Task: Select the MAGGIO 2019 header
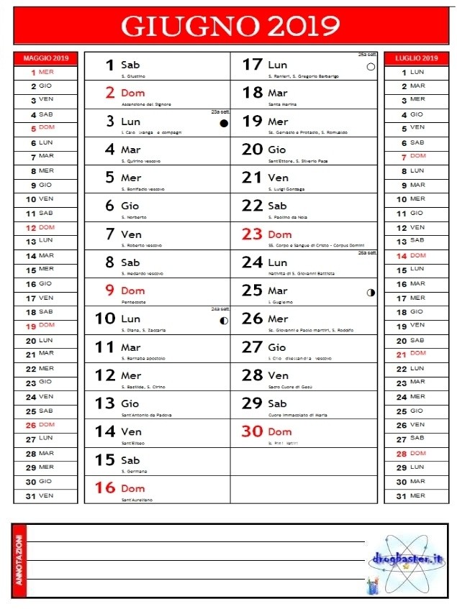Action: [45, 58]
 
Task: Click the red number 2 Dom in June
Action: [110, 93]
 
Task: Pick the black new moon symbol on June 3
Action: [224, 124]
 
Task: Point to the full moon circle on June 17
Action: [371, 67]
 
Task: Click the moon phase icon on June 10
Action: [224, 321]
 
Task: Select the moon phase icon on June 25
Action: [371, 293]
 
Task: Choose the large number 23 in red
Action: [252, 234]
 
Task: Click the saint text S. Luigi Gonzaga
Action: [286, 189]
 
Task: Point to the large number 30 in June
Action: [252, 431]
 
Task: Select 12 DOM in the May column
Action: [40, 227]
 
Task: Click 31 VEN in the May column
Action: [40, 495]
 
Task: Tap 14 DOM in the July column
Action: [411, 255]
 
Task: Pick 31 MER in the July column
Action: [411, 495]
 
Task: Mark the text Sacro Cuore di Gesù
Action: [291, 387]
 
